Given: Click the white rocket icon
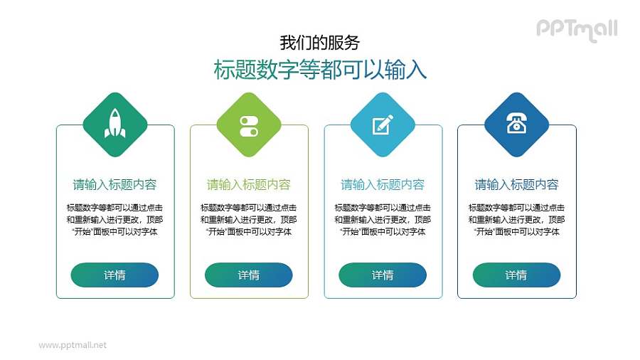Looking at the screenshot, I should (x=114, y=124).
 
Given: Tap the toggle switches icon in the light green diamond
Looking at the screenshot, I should (x=249, y=125).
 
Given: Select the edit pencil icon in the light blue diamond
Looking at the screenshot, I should (x=383, y=125).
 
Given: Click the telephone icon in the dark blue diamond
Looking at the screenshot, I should (x=516, y=124).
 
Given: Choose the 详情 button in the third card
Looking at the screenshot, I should (x=383, y=275).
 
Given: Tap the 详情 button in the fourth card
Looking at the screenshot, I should (x=516, y=275).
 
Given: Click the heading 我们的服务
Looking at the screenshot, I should (x=319, y=42).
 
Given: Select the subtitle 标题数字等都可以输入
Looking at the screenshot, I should (x=320, y=69).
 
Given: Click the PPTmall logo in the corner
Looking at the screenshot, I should (x=576, y=29).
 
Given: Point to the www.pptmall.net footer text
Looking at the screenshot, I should (x=73, y=345).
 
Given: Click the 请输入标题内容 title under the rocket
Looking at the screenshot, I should (x=114, y=185).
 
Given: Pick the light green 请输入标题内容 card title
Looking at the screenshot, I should (x=249, y=185).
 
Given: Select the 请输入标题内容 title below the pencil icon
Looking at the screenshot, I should (x=383, y=185).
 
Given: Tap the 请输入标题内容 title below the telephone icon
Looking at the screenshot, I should (x=516, y=185).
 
